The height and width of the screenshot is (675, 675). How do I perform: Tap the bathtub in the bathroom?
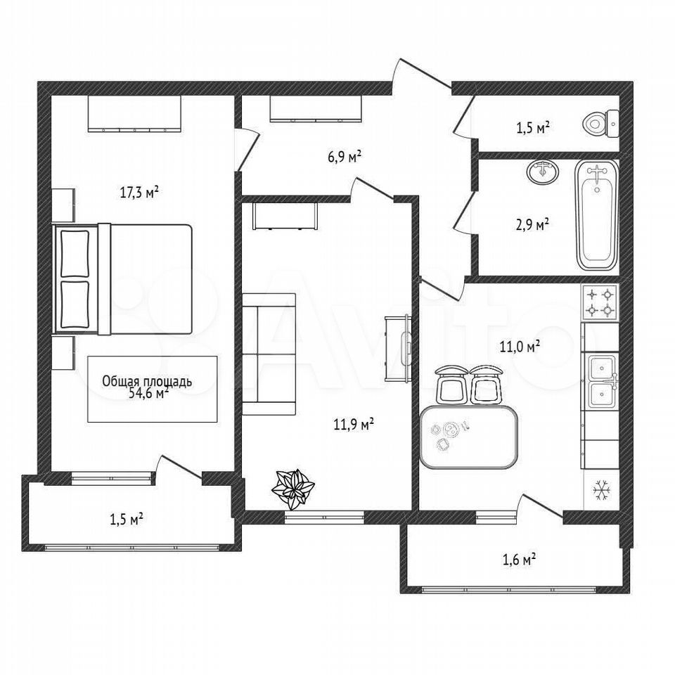tap(597, 215)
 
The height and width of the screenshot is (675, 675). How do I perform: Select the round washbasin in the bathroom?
tap(542, 172)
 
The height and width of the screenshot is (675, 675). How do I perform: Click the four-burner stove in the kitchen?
tap(600, 302)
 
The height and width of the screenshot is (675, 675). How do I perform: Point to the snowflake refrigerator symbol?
tap(601, 491)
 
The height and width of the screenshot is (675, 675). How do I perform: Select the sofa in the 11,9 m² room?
tap(269, 354)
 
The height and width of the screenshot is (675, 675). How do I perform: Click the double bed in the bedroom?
tap(122, 279)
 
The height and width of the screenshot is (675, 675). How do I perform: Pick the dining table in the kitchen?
tap(468, 437)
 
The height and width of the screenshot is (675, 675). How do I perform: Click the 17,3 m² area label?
tap(139, 193)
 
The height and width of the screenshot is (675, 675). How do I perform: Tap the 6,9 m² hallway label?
tap(345, 156)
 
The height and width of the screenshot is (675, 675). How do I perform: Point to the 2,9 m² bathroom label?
tap(532, 225)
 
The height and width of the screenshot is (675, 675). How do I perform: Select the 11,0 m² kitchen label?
tap(520, 346)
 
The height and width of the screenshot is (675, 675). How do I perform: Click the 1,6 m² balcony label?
tap(519, 560)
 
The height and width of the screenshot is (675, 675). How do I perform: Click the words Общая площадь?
tap(147, 381)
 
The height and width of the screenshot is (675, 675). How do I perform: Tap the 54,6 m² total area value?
tap(148, 393)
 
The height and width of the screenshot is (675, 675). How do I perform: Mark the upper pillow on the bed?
tap(75, 254)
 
